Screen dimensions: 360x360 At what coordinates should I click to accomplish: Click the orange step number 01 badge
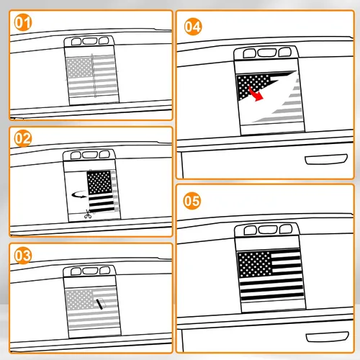tap(23, 22)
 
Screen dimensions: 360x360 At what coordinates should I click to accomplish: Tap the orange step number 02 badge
tap(23, 138)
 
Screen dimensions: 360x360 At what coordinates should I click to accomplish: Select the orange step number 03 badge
tap(23, 256)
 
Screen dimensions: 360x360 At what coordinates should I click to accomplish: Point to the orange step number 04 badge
tap(193, 27)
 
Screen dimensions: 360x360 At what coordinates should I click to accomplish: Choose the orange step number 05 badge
tap(192, 201)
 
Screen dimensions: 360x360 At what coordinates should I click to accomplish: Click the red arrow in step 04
tap(256, 94)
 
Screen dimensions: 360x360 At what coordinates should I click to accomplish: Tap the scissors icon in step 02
tap(88, 214)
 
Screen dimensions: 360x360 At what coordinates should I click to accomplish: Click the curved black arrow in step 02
tap(79, 194)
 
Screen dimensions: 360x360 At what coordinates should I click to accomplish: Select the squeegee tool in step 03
tap(101, 304)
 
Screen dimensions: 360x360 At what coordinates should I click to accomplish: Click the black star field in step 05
tap(255, 264)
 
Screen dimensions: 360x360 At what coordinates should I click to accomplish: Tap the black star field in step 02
tap(99, 182)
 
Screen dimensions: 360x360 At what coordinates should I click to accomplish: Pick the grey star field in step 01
tap(79, 68)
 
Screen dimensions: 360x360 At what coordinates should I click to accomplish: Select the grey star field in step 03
tap(80, 300)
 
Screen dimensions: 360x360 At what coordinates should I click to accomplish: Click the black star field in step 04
tap(252, 85)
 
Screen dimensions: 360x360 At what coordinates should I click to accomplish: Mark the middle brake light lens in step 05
tap(268, 230)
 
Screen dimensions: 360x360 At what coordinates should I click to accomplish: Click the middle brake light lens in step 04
tap(267, 53)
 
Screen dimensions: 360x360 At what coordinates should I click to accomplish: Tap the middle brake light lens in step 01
tap(89, 41)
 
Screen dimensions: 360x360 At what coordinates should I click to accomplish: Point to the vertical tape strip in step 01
tap(94, 76)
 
